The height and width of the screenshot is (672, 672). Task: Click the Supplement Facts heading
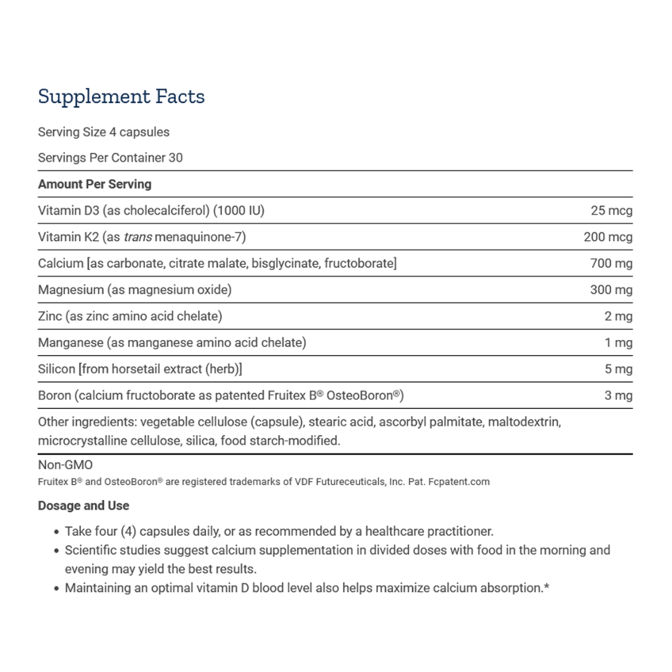[x=121, y=96]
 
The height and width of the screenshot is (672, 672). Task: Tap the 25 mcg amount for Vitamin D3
[x=611, y=211]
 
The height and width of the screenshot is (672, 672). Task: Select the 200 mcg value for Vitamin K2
[x=608, y=237]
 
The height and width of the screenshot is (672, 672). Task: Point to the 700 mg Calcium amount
[x=611, y=263]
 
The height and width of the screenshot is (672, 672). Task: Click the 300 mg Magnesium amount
[x=611, y=289]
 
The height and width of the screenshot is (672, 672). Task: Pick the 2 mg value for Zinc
[x=618, y=316]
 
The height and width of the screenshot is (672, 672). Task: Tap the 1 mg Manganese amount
[x=618, y=343]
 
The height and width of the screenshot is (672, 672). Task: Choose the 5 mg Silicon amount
[x=618, y=369]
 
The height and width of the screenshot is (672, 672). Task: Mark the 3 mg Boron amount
[x=618, y=395]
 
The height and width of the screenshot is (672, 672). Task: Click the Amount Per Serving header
[x=94, y=184]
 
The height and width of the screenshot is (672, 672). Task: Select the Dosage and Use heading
[x=83, y=506]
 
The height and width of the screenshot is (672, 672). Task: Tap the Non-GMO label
[x=66, y=465]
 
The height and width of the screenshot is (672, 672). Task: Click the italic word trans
[x=138, y=237]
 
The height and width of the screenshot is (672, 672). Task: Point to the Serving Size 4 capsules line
[x=104, y=132]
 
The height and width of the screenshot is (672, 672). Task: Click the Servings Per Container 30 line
[x=110, y=157]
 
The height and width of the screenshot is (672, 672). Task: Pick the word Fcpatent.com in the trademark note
[x=459, y=482]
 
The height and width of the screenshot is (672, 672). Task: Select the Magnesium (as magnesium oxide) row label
[x=135, y=289]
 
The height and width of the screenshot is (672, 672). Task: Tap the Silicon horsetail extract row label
[x=140, y=369]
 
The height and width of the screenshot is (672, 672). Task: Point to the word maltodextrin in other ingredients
[x=524, y=421]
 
